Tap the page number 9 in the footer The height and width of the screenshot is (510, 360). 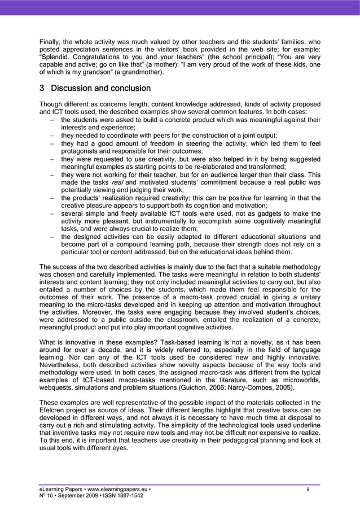coord(308,489)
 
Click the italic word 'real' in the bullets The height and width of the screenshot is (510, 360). coord(117,182)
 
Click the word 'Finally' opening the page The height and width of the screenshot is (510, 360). coord(50,41)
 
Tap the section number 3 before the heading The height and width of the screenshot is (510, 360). coord(42,89)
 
